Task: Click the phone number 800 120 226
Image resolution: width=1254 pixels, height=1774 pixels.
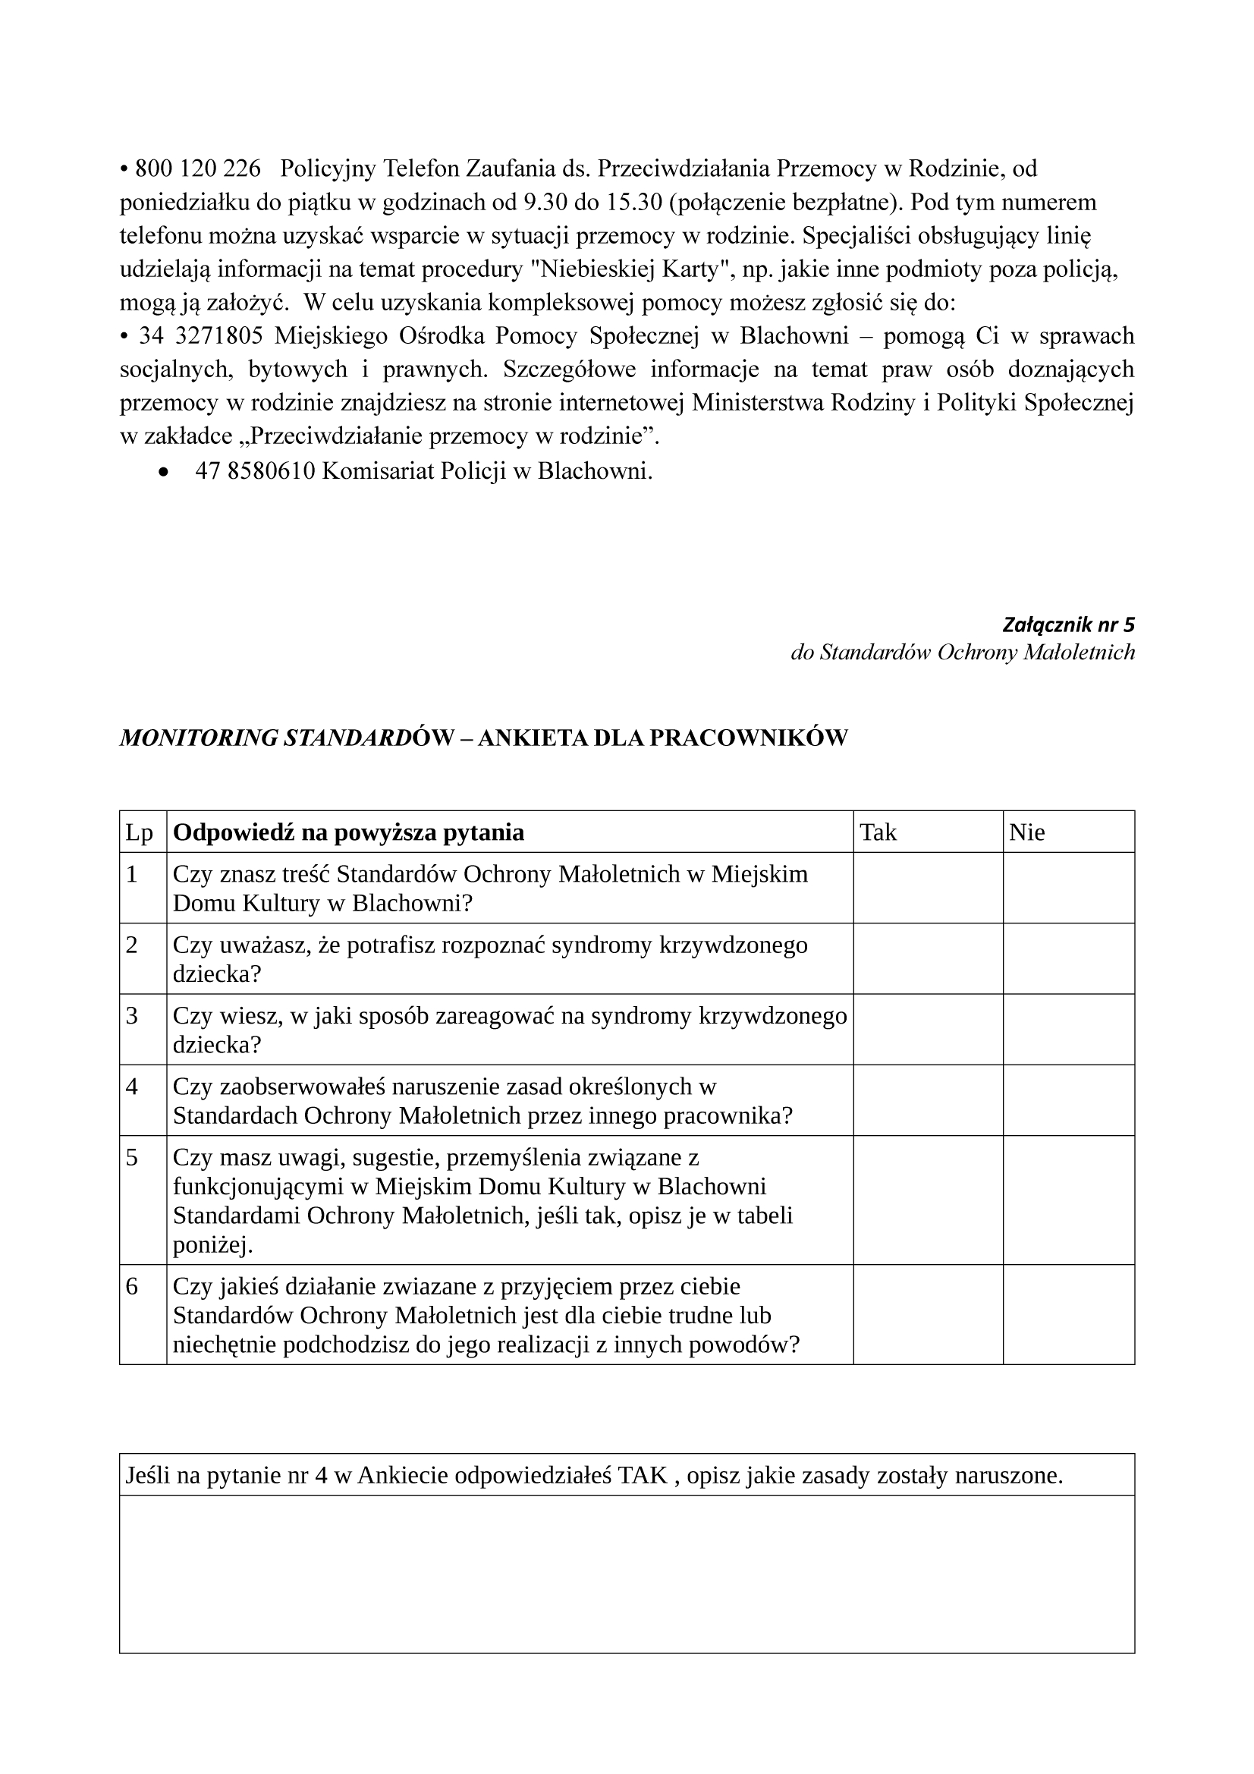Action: tap(198, 168)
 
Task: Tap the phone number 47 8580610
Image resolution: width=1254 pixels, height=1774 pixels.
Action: tap(255, 471)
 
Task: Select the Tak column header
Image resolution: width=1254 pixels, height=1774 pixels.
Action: tap(878, 832)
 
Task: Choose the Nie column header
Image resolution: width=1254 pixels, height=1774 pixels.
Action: tap(1027, 832)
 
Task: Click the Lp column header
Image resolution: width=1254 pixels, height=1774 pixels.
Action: tap(140, 832)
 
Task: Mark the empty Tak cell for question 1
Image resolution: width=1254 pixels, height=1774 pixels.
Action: tap(928, 888)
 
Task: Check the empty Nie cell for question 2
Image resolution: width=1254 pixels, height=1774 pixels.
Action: tap(1069, 959)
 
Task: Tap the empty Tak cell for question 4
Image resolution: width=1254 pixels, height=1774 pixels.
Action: tap(928, 1101)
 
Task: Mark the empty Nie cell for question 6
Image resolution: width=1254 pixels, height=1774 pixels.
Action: tap(1069, 1314)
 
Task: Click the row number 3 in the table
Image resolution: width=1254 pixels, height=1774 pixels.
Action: tap(132, 1016)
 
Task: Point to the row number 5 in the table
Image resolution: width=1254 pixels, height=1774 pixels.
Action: tap(132, 1158)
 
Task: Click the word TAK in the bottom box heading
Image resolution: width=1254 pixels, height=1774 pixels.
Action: tap(643, 1476)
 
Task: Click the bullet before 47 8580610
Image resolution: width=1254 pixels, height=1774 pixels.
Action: tap(163, 472)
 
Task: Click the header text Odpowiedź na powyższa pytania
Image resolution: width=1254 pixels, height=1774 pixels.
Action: tap(348, 832)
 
